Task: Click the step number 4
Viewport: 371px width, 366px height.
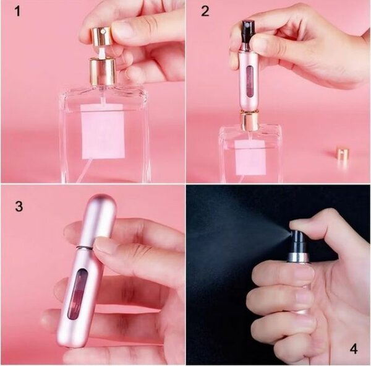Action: click(x=353, y=348)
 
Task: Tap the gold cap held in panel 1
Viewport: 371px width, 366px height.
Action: click(x=101, y=37)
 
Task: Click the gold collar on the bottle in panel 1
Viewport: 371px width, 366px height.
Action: click(x=102, y=72)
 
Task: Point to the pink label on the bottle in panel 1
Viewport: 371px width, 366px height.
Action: click(x=102, y=131)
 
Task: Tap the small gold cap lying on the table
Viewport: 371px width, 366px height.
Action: click(x=342, y=154)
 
